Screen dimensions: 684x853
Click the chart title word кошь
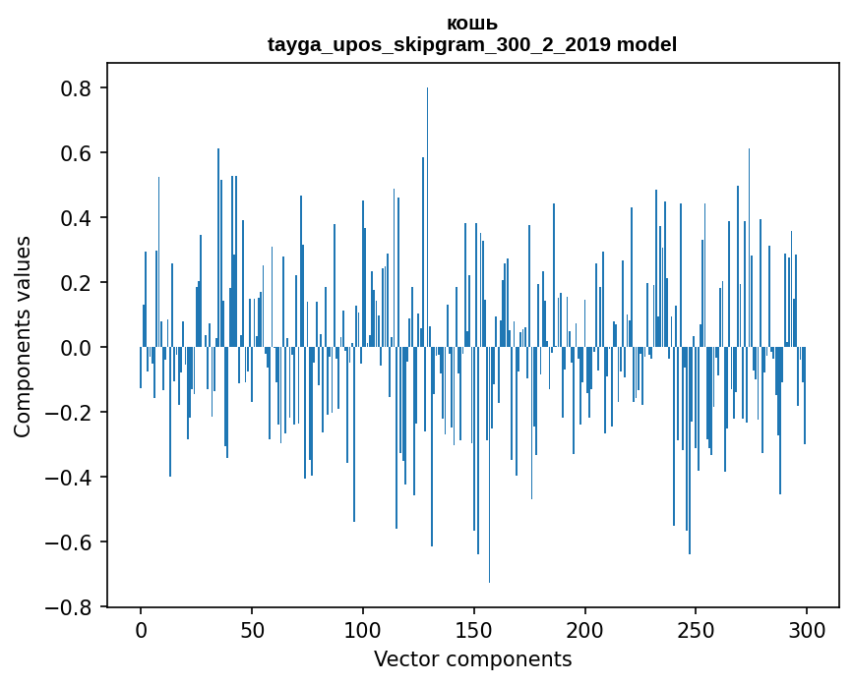point(472,24)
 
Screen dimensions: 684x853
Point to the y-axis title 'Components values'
point(23,336)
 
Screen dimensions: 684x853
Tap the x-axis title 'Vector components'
point(472,658)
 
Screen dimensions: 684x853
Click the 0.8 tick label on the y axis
point(75,88)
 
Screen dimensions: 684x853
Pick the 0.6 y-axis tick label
point(75,153)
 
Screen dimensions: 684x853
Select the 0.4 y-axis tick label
point(75,218)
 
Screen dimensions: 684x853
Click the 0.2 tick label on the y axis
point(75,283)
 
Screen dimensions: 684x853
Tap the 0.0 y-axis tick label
point(75,348)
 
